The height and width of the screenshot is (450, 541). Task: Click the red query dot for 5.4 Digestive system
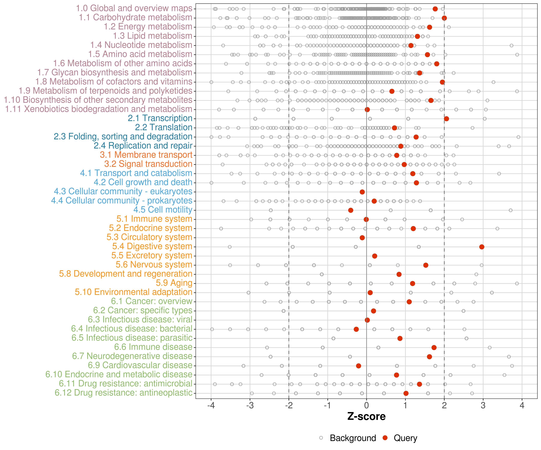[x=481, y=247]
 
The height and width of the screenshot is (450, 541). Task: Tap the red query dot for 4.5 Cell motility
[x=351, y=210]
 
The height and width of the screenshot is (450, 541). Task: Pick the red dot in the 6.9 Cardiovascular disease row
[x=358, y=366]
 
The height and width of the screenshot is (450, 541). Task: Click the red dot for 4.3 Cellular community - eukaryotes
[x=362, y=192]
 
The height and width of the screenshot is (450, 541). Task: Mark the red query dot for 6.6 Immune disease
[x=434, y=347]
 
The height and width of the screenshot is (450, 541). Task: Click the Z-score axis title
[x=366, y=416]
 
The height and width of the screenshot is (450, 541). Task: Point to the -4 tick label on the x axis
[x=211, y=405]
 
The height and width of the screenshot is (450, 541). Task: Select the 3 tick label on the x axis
[x=483, y=405]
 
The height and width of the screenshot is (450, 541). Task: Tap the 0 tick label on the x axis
[x=366, y=405]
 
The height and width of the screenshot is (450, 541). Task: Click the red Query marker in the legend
[x=385, y=438]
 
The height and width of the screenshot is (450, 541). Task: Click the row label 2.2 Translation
[x=164, y=127]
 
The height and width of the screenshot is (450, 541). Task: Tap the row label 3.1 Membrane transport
[x=146, y=155]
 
